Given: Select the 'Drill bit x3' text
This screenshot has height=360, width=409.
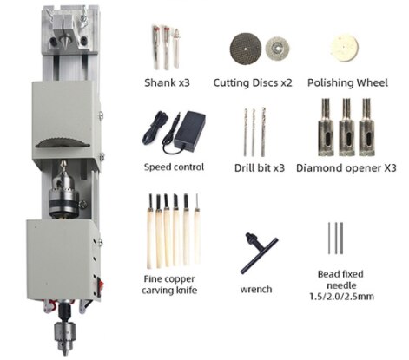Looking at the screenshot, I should point(260,167).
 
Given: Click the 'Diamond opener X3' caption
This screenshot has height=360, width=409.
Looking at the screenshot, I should point(345,167).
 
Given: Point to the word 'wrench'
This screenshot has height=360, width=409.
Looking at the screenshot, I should point(255,288).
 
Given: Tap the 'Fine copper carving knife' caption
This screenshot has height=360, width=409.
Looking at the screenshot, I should point(172,285).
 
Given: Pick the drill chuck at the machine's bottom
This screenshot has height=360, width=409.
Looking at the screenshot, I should point(66,335).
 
